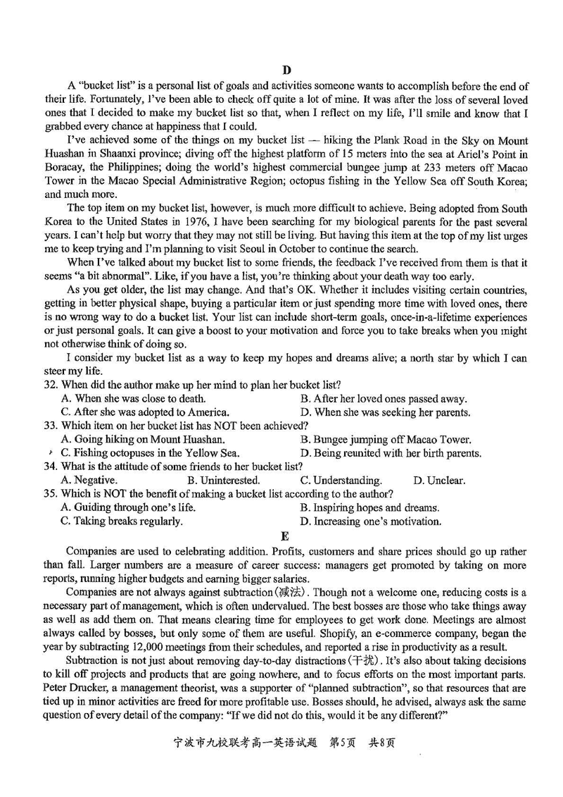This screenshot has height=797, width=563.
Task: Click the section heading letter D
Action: [286, 69]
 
